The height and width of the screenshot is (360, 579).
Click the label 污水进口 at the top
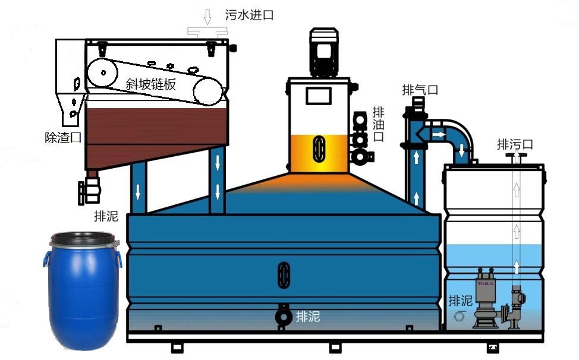[249, 15]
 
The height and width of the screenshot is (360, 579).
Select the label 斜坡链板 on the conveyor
[151, 84]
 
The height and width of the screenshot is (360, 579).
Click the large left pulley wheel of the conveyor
[103, 73]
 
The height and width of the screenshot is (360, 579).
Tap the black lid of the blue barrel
[82, 239]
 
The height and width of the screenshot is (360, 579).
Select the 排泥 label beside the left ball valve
[106, 216]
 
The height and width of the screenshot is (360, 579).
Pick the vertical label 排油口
[378, 125]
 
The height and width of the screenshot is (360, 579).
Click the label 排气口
[420, 90]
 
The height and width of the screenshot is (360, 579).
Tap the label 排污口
[515, 144]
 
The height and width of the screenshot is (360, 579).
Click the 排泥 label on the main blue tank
[308, 317]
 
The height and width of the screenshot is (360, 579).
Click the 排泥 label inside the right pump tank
[460, 301]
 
